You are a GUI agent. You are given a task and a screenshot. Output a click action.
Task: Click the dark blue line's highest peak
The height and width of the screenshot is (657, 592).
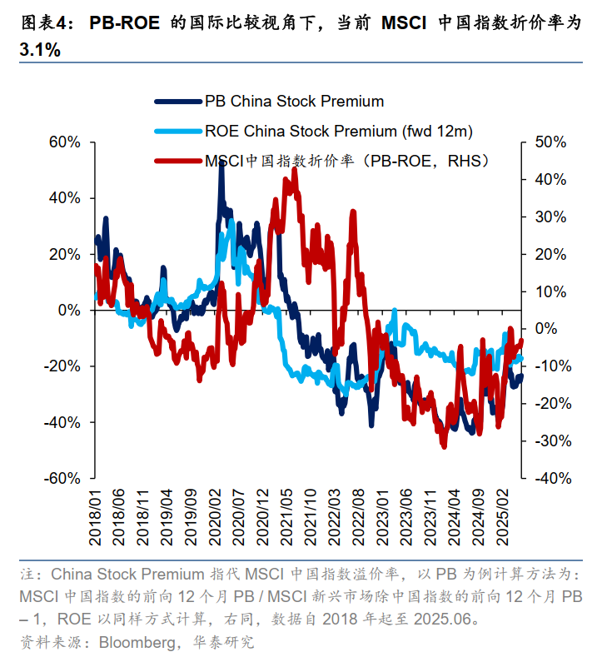coord(221,167)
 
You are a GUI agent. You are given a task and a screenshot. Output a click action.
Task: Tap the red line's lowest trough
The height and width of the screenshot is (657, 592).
coord(444,445)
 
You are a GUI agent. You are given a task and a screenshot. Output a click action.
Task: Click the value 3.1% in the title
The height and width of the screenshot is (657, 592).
coord(39,50)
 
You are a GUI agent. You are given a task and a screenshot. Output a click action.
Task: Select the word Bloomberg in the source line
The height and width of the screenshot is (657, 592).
coord(135,642)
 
